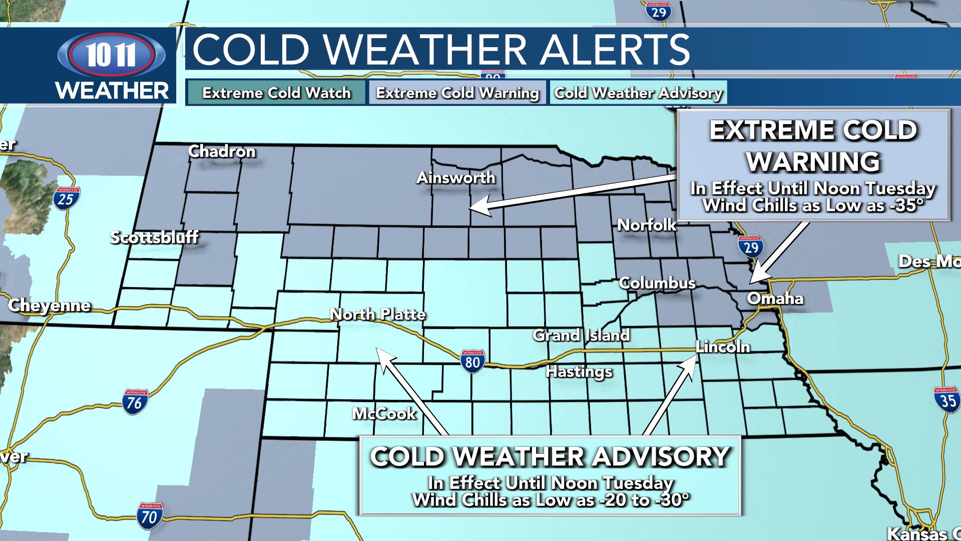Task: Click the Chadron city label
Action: pyautogui.click(x=222, y=151)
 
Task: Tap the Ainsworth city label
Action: pyautogui.click(x=456, y=177)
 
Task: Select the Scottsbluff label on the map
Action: pyautogui.click(x=154, y=237)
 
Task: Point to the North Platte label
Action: pyautogui.click(x=378, y=314)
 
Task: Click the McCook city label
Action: pyautogui.click(x=384, y=413)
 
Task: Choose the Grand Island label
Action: pyautogui.click(x=581, y=335)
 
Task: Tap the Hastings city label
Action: pyautogui.click(x=579, y=371)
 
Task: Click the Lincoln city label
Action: pyautogui.click(x=723, y=347)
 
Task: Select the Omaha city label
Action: pyautogui.click(x=775, y=299)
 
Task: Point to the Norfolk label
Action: pyautogui.click(x=647, y=225)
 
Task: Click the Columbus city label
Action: pyautogui.click(x=657, y=283)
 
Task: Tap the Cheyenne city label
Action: pyautogui.click(x=50, y=305)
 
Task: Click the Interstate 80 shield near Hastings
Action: pyautogui.click(x=472, y=361)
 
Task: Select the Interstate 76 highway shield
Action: pyautogui.click(x=135, y=402)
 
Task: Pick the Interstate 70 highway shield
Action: pyautogui.click(x=149, y=515)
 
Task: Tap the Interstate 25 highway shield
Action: pyautogui.click(x=66, y=198)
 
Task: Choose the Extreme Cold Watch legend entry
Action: pyautogui.click(x=276, y=93)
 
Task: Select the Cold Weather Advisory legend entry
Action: pyautogui.click(x=638, y=93)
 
